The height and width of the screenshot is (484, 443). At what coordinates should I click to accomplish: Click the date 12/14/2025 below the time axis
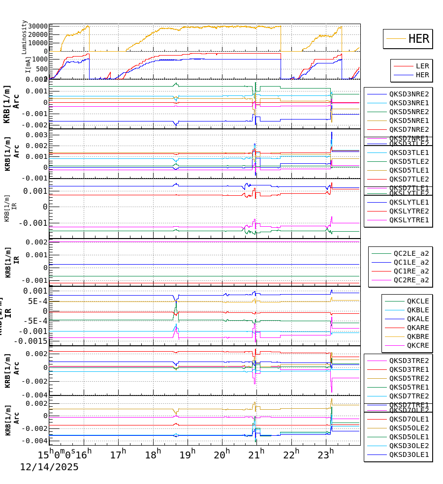pos(49,467)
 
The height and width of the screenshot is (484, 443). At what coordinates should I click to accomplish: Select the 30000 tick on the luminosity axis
pos(38,27)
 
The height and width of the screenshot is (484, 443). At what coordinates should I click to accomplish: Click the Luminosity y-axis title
pos(24,37)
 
